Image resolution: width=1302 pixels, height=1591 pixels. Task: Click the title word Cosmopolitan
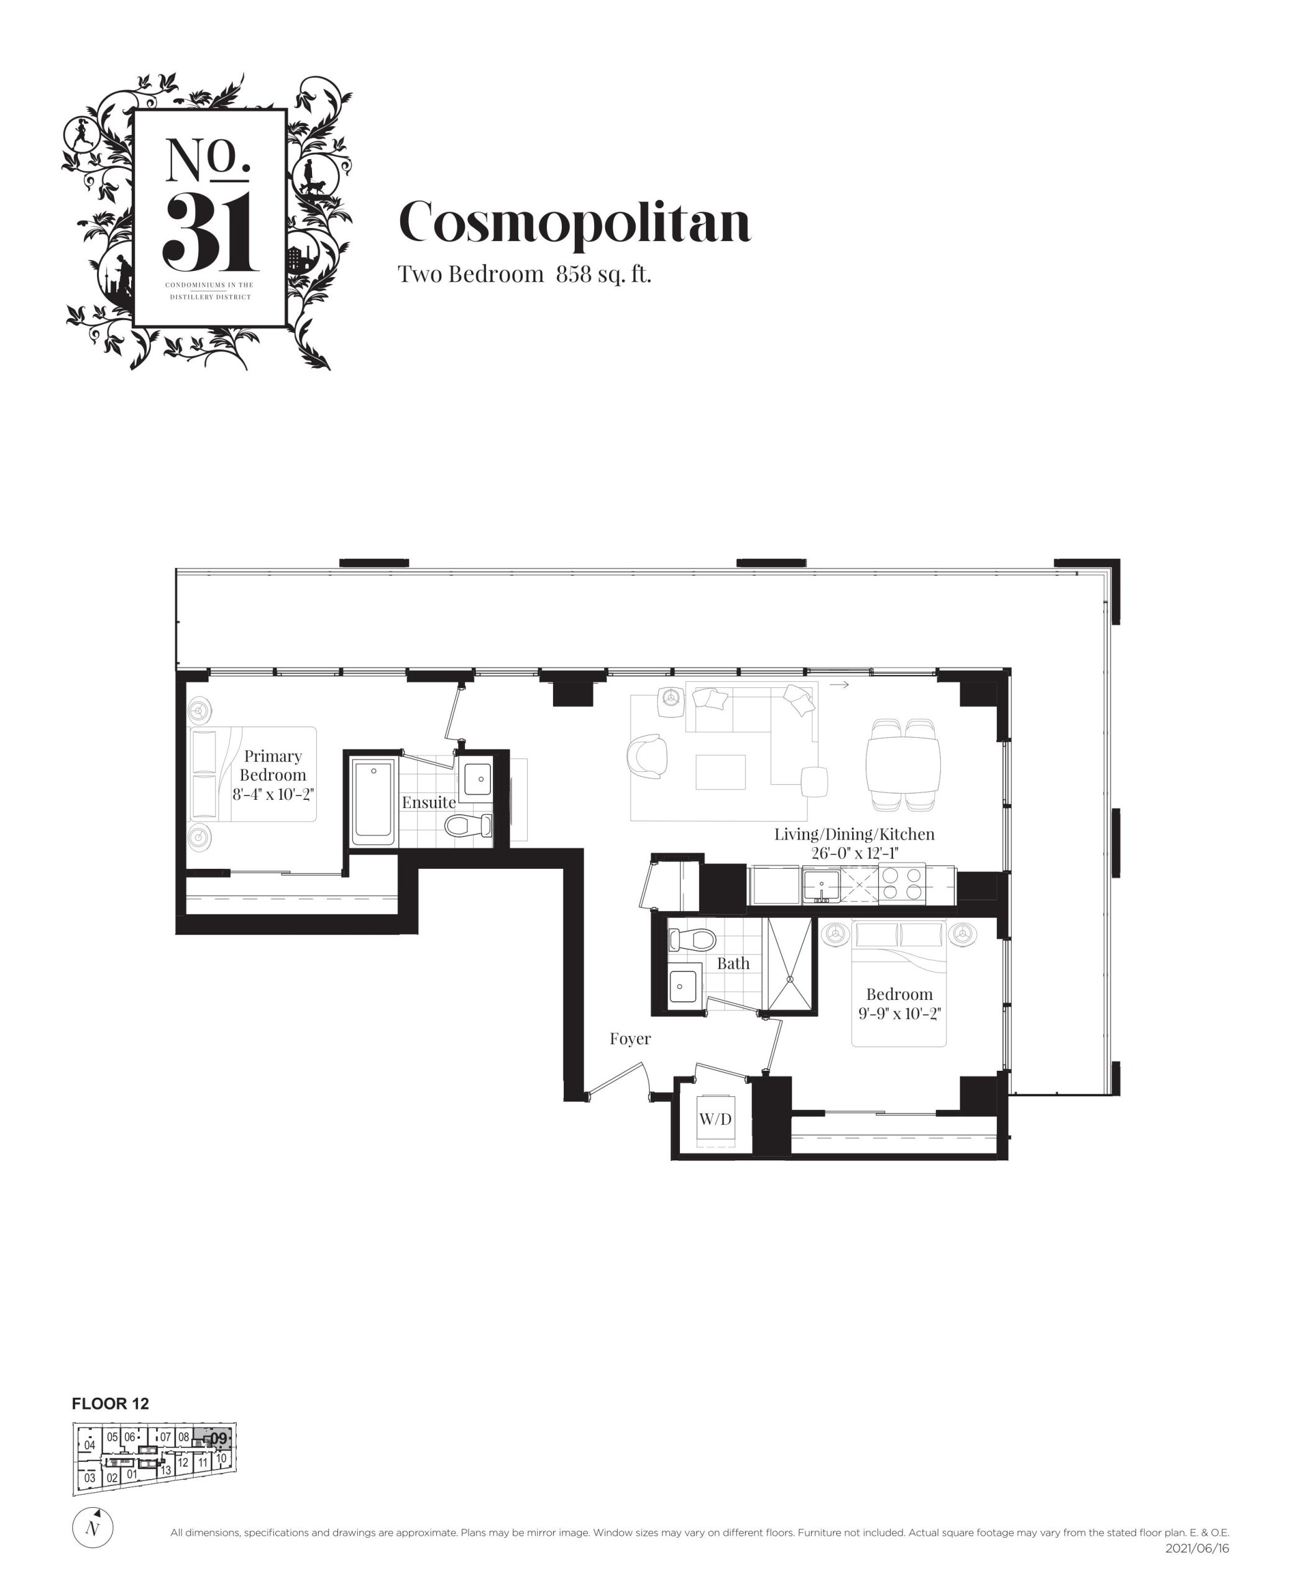click(x=574, y=222)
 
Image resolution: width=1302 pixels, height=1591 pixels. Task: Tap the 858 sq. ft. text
click(x=603, y=275)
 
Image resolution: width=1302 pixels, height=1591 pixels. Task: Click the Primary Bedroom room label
click(x=273, y=765)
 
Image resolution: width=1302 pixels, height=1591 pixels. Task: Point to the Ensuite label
click(x=428, y=802)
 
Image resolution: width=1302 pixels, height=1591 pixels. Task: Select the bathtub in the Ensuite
click(x=374, y=800)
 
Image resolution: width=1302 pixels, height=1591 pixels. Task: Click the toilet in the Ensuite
click(x=469, y=826)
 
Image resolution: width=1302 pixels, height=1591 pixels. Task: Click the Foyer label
click(x=630, y=1039)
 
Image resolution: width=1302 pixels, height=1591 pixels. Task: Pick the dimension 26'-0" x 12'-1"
click(x=855, y=853)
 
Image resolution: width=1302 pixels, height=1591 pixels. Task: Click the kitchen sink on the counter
click(x=821, y=886)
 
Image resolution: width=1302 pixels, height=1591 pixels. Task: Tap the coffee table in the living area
click(x=721, y=772)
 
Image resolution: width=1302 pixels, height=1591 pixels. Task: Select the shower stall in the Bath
click(x=787, y=965)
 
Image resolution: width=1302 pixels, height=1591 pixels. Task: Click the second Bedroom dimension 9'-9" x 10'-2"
click(x=899, y=1014)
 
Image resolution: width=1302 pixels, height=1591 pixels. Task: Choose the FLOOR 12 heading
click(x=110, y=1404)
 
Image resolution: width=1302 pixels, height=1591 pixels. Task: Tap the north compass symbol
click(x=92, y=1528)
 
